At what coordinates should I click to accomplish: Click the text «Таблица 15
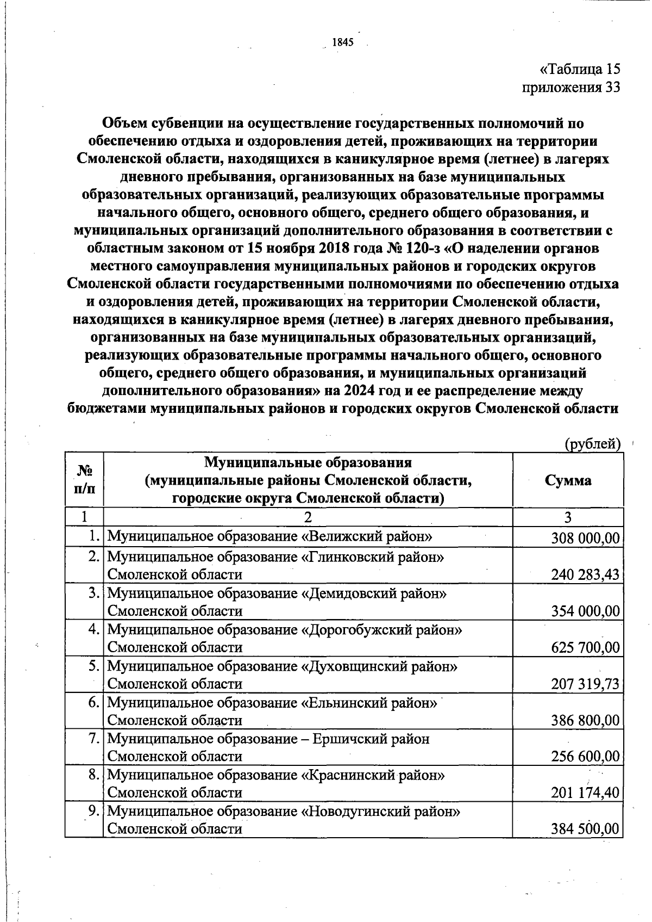coord(580,70)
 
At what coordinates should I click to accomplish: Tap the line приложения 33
coord(570,88)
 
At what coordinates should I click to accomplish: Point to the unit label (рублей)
coord(592,444)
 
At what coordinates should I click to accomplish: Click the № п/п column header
coord(84,479)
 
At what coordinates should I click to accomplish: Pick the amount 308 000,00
coord(585,538)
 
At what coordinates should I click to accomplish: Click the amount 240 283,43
coord(585,574)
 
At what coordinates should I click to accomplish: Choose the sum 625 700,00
coord(585,647)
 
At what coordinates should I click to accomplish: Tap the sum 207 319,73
coord(585,684)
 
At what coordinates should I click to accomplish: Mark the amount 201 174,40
coord(585,793)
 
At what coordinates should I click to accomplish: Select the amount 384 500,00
coord(585,829)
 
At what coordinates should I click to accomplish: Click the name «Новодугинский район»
coord(381,811)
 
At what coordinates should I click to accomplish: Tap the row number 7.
coord(94,739)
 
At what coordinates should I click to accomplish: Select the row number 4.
coord(94,629)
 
